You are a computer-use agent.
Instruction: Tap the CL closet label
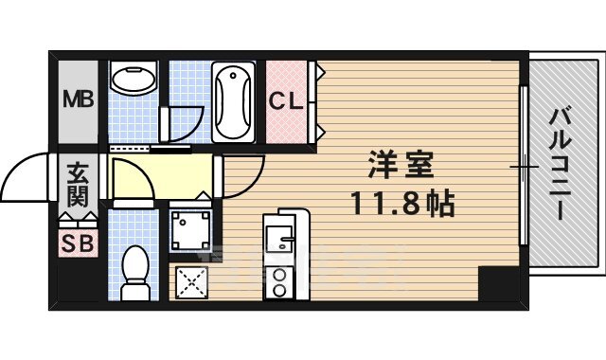(x=288, y=100)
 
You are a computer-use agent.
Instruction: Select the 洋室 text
(x=400, y=166)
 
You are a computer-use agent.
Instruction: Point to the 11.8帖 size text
(x=401, y=203)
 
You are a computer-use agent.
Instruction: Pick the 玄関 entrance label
(x=78, y=185)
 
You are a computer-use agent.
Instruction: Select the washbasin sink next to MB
(x=134, y=79)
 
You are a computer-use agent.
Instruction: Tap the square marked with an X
(x=192, y=281)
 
